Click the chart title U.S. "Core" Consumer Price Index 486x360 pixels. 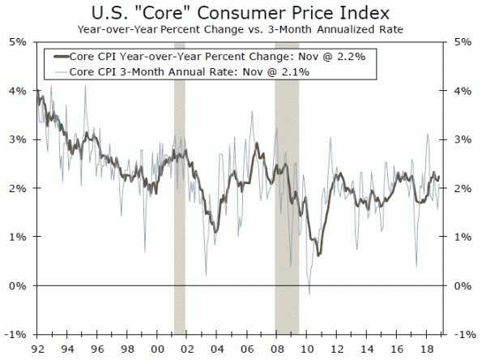pos(242,13)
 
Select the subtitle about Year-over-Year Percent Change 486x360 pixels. pos(242,29)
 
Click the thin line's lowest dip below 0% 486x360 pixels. pos(309,292)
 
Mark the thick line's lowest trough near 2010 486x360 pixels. pos(318,255)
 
